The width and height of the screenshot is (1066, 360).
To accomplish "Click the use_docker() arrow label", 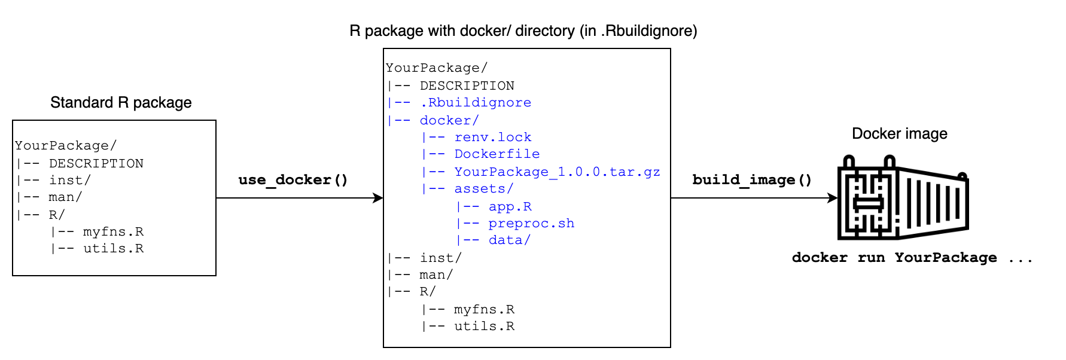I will [x=293, y=180].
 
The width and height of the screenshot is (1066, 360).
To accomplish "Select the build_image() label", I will [x=752, y=180].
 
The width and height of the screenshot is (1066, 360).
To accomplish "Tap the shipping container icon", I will [x=902, y=197].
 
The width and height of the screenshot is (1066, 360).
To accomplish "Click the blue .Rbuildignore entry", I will [x=475, y=103].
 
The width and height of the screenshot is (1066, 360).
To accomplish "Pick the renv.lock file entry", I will [x=492, y=138].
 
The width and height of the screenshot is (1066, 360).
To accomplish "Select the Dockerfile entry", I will [x=497, y=154].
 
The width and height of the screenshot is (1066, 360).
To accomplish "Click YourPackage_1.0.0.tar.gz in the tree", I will [x=556, y=172].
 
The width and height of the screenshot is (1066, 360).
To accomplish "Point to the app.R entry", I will [x=510, y=207].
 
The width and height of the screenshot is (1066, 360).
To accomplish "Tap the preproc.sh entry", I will [x=531, y=224].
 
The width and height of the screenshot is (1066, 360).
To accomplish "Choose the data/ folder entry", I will [x=509, y=240].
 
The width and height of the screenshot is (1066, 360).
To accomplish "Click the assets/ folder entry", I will [x=483, y=189].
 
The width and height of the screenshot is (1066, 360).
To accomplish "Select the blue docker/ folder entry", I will [x=449, y=121].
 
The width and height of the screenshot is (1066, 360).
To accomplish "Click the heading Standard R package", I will [x=121, y=103].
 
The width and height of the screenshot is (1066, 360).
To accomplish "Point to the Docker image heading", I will [x=899, y=134].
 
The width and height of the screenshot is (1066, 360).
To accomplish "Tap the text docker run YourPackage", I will [x=894, y=258].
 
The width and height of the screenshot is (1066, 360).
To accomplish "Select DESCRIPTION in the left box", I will [x=96, y=164].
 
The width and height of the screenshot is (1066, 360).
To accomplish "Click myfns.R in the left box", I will [x=113, y=232].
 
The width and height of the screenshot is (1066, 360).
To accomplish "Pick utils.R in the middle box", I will [x=484, y=327].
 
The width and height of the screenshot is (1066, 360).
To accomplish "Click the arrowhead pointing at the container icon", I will [x=832, y=198].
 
